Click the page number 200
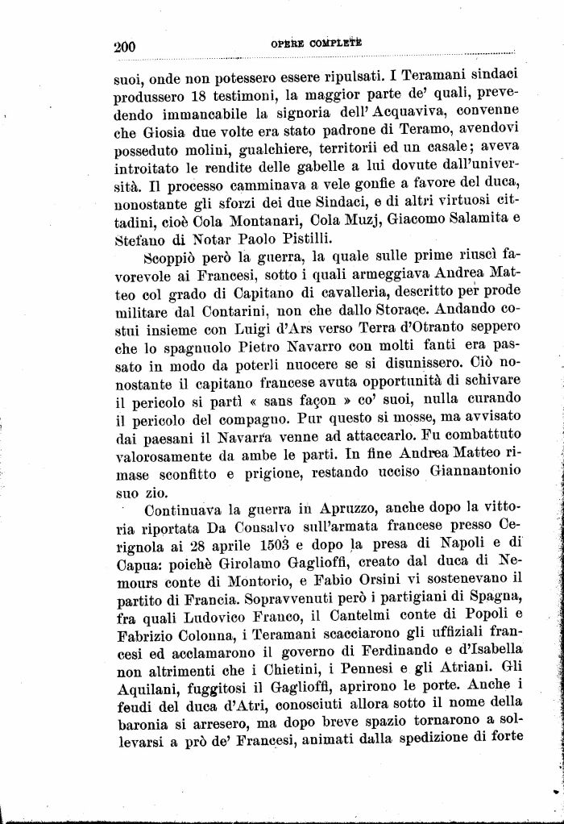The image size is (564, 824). pos(125,46)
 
